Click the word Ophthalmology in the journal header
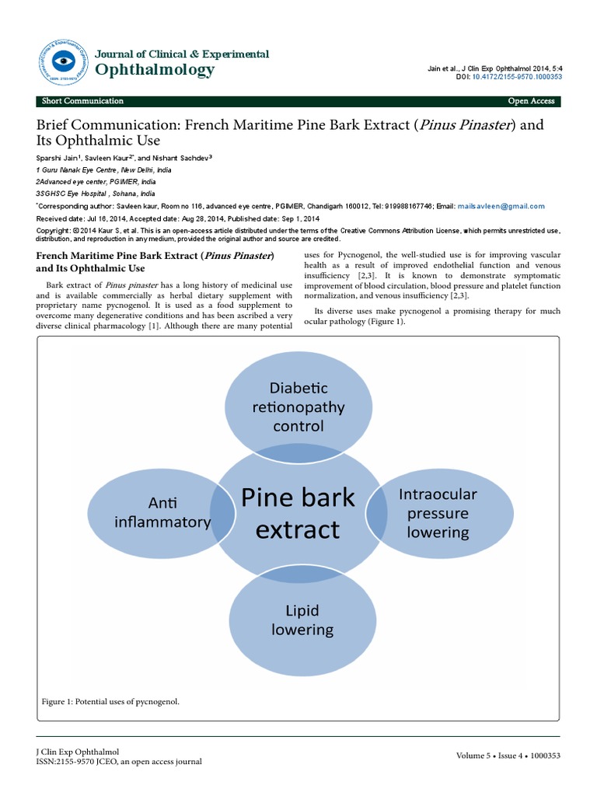154,71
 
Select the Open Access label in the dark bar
531,101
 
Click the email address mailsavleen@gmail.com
501,206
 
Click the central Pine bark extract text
298,513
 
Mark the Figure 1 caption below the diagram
110,702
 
